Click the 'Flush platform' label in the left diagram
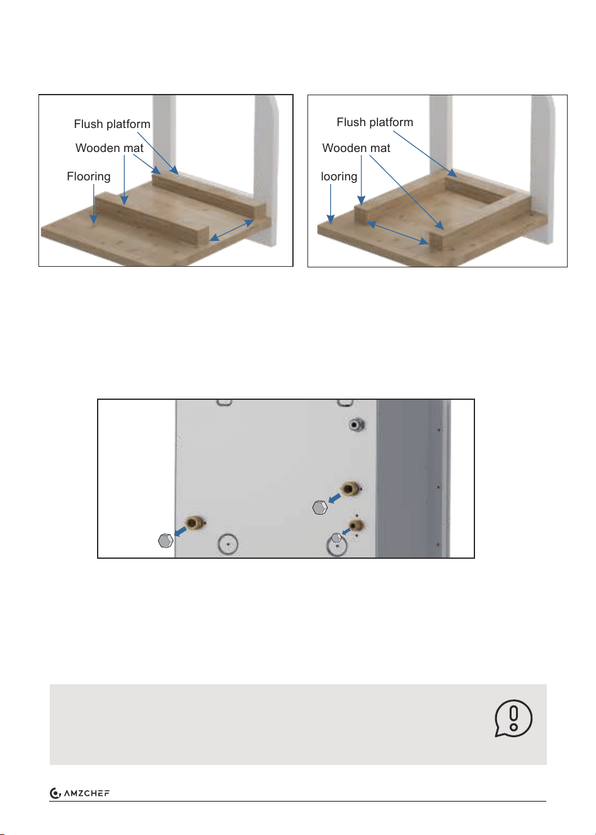click(x=112, y=124)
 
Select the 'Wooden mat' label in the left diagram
click(x=109, y=148)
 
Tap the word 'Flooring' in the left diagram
click(x=89, y=177)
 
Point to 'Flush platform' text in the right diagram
click(x=375, y=122)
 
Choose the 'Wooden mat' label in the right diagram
click(x=356, y=148)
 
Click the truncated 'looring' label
click(x=339, y=177)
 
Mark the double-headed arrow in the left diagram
click(x=232, y=230)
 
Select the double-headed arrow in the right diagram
click(x=398, y=233)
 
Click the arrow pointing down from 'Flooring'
click(x=93, y=204)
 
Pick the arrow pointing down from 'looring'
click(x=330, y=204)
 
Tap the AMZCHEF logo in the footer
click(x=80, y=793)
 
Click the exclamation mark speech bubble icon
click(x=513, y=718)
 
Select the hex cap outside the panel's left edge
click(x=166, y=540)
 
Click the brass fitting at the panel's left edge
click(x=195, y=522)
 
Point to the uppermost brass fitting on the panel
click(x=350, y=488)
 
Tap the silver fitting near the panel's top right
click(x=357, y=424)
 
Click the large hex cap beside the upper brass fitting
click(x=320, y=508)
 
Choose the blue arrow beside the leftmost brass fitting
click(x=180, y=531)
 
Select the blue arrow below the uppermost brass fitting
click(x=335, y=498)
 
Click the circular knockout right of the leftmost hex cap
click(x=227, y=544)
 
